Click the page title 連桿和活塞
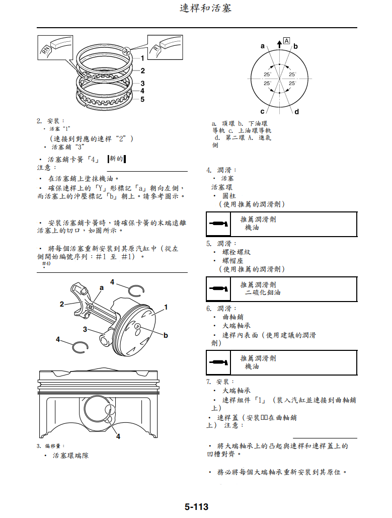[x=205, y=9]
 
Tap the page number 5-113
[x=196, y=506]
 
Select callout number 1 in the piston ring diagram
[x=142, y=58]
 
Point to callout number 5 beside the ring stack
[x=142, y=99]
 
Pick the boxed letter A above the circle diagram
[x=286, y=40]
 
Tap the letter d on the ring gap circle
[x=297, y=111]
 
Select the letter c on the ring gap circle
[x=262, y=111]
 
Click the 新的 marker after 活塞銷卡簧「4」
[x=116, y=159]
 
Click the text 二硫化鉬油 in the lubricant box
[x=263, y=292]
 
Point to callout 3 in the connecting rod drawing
[x=86, y=329]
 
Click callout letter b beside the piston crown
[x=166, y=335]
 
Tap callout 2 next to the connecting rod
[x=62, y=304]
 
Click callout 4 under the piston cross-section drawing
[x=118, y=436]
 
